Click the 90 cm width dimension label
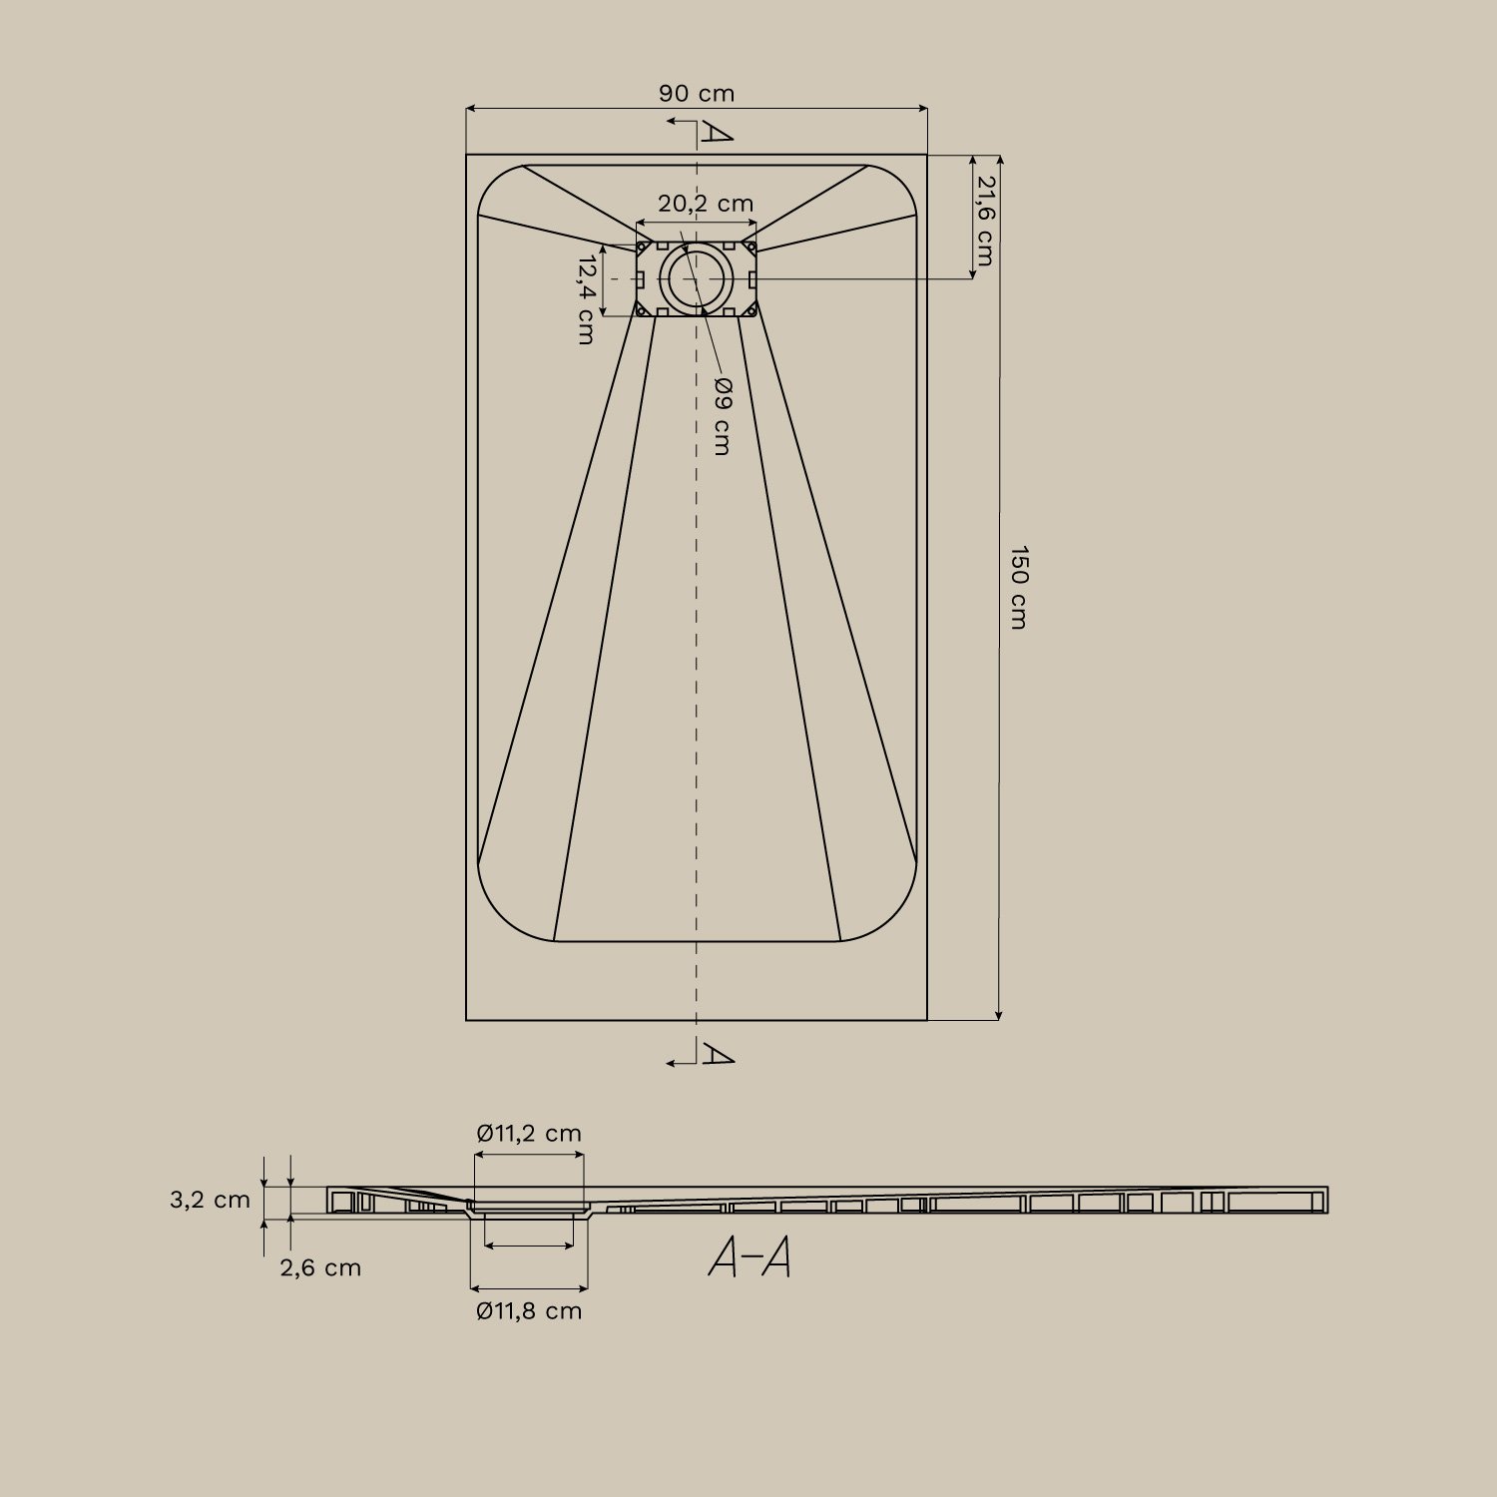[696, 94]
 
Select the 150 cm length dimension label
[1017, 587]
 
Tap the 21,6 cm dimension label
[985, 221]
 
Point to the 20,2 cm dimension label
[706, 204]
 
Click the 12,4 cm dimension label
[586, 299]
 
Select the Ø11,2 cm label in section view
[528, 1133]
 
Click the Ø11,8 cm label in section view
[528, 1310]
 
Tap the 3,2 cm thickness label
[210, 1200]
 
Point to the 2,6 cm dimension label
[319, 1267]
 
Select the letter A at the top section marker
[717, 133]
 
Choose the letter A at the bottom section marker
[717, 1053]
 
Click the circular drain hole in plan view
[696, 278]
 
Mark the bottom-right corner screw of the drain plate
[751, 311]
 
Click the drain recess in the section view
[529, 1211]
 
